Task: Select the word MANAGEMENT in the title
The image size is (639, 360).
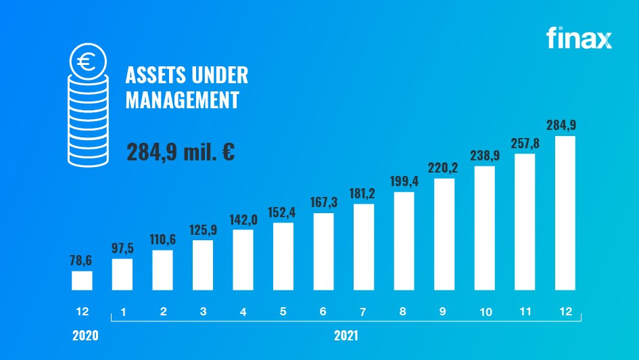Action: point(183,101)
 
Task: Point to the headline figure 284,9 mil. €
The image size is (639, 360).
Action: point(180,150)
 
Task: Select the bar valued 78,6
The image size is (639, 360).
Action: point(82,280)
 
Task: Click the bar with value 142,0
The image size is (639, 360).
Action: point(243,259)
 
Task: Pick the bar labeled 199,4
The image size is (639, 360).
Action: point(404,241)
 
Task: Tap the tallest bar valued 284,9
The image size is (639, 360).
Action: point(565,212)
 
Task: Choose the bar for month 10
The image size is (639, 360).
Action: point(484,227)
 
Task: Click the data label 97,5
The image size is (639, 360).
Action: point(122,248)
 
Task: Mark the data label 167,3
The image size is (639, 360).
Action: point(323,203)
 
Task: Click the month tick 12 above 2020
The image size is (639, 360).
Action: point(82,313)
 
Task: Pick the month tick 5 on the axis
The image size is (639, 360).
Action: point(283,313)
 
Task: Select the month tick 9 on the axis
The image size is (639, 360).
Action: point(444,313)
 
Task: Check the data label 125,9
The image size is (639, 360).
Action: point(203,230)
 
